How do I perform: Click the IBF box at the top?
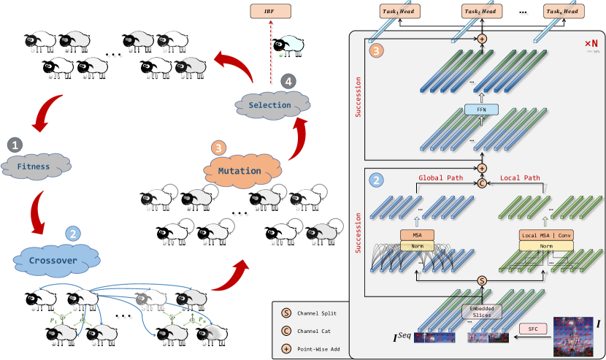pyautogui.click(x=270, y=12)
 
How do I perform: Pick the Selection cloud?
pyautogui.click(x=269, y=105)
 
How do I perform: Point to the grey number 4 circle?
pyautogui.click(x=290, y=81)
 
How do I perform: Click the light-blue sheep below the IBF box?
pyautogui.click(x=290, y=45)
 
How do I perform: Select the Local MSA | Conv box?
pyautogui.click(x=545, y=235)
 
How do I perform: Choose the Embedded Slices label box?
pyautogui.click(x=480, y=310)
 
